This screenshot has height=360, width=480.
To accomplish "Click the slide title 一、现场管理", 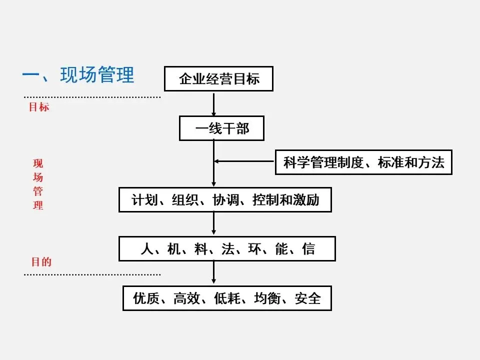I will point(78,75).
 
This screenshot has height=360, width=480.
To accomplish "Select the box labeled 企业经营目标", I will point(219,78).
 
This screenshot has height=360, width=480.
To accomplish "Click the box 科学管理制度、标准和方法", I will point(363,162).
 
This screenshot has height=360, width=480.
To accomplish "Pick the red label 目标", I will point(38,107).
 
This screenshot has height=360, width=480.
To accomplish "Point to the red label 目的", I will point(41,262).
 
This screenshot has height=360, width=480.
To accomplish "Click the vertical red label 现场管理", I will point(38,184).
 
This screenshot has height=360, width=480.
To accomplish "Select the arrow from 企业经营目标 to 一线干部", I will point(214,103).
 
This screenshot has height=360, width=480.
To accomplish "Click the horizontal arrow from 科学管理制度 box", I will point(245,161).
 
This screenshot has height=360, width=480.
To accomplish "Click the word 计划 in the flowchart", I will point(141,200).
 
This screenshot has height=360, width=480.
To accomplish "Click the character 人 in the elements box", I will point(146,249).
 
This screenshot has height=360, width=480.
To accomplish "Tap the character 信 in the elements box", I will point(308,249).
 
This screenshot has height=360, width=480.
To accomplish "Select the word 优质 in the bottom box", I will point(145,298).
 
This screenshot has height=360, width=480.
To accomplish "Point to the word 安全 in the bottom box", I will point(307,298).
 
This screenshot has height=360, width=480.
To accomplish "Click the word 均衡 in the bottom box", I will point(267,298).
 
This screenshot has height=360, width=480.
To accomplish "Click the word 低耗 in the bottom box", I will point(226,298).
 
